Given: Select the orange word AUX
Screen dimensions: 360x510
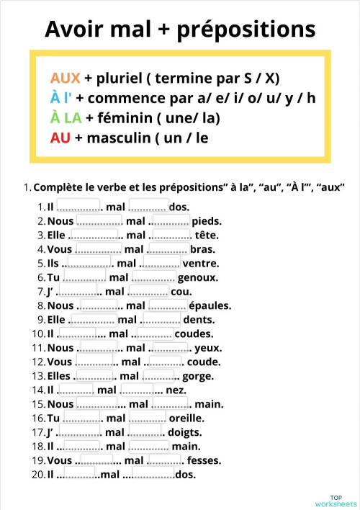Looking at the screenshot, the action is point(65,78).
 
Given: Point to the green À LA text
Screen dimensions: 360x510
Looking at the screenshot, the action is point(66,117).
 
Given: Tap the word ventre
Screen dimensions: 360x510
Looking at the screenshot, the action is point(202,263).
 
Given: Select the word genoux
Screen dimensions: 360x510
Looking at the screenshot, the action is point(197,277).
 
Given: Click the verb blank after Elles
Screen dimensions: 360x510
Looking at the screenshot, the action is point(94,375).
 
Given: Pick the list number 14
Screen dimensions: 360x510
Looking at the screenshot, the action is point(38,390).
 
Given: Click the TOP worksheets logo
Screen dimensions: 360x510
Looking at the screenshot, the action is point(335,501).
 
